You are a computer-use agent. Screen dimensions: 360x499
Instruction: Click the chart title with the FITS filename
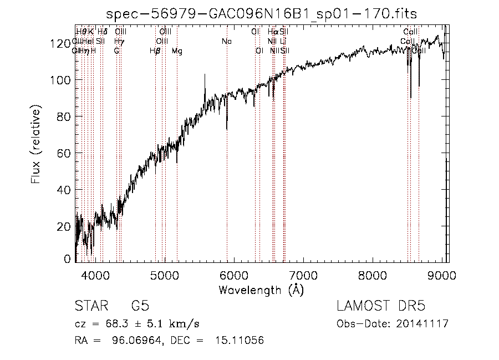262,13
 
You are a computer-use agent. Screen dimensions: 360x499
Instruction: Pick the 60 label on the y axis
66,153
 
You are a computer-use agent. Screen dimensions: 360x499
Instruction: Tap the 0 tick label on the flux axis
69,259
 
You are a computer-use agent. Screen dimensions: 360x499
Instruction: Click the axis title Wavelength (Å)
261,290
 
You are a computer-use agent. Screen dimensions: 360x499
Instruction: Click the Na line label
226,42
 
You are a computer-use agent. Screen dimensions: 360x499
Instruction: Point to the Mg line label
177,52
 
